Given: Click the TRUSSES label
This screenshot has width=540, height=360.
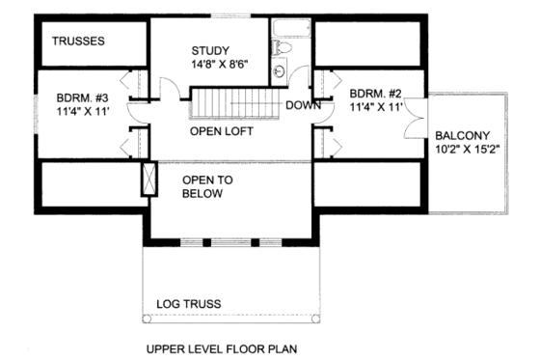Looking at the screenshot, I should tap(78, 42).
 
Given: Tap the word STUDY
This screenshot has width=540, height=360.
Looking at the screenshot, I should tap(211, 50).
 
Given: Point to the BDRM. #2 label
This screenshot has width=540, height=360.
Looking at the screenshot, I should tap(375, 94).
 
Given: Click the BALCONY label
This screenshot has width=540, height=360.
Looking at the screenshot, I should tap(462, 136).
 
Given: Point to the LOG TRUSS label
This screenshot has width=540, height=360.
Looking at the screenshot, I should tap(188, 304).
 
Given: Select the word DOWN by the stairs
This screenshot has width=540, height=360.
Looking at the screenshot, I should tap(302, 105).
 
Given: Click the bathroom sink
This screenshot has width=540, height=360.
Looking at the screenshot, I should tap(280, 69).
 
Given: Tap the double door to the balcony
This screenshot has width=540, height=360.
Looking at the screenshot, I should tap(416, 123).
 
